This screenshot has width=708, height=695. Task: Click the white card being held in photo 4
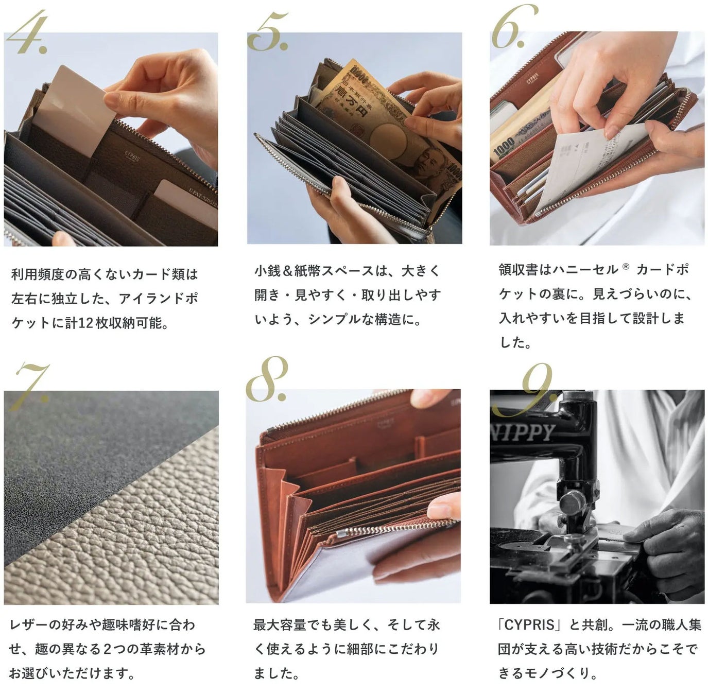pos(76,110)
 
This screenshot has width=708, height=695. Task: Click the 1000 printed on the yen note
pos(504,147)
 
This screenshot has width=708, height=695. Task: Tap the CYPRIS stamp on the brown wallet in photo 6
pos(533,78)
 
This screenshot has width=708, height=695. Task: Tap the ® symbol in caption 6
pos(626,266)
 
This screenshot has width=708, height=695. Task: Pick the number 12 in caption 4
pos(85,323)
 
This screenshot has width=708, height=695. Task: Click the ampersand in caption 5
pos(288,272)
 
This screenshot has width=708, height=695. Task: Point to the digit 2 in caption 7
pos(107,649)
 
